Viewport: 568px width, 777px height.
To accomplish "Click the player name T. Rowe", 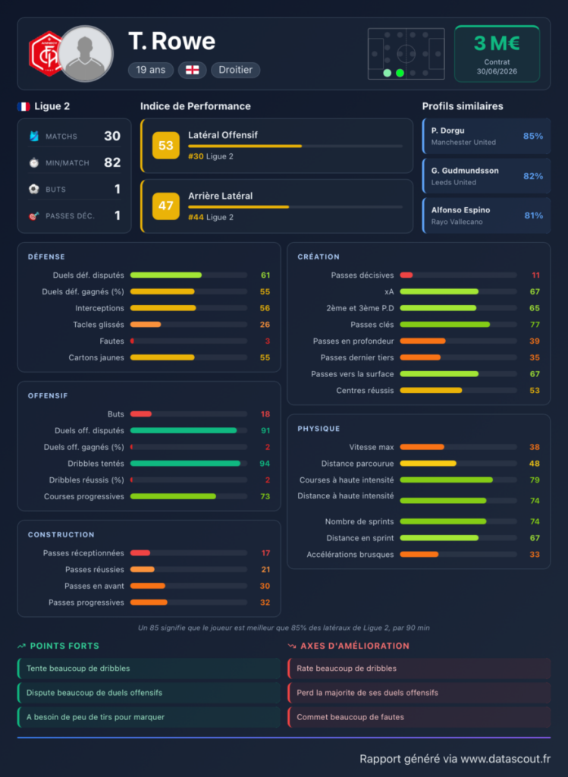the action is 172,41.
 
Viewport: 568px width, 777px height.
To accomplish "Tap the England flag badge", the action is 192,70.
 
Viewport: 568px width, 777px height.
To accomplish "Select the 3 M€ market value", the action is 497,43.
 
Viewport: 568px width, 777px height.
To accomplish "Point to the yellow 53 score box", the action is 165,145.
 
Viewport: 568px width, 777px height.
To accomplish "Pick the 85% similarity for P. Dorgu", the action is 533,136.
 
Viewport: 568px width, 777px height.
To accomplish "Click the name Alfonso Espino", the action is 460,210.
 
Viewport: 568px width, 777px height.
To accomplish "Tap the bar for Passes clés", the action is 444,325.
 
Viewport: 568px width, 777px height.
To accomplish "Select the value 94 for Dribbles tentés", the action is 265,464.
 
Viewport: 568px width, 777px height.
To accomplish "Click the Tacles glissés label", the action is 99,325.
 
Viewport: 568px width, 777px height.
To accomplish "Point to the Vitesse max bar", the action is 422,447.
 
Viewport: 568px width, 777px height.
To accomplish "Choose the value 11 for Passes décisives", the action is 536,275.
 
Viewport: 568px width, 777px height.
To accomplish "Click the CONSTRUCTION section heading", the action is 61,535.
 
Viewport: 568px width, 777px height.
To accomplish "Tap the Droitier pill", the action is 236,70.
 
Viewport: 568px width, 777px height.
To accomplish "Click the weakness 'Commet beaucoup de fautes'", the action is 350,717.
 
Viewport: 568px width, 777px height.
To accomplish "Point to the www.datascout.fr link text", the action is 506,759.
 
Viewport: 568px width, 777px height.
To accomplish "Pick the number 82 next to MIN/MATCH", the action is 112,162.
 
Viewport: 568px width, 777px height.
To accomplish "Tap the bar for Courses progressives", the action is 173,496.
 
